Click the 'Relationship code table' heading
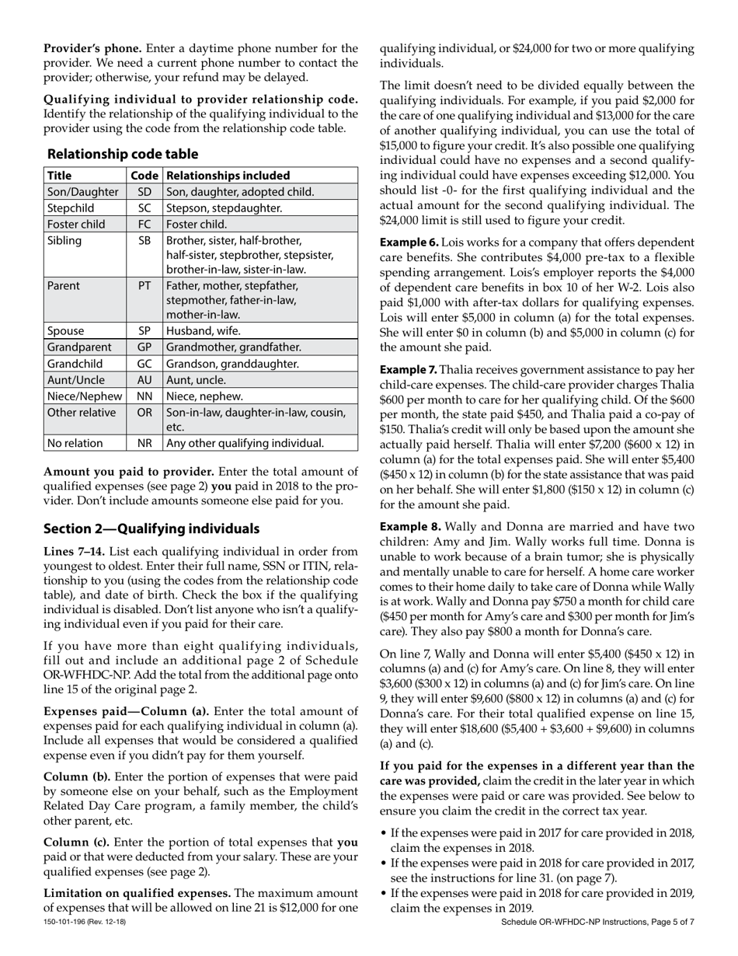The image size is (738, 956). click(x=123, y=154)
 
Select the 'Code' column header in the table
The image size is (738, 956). click(x=144, y=176)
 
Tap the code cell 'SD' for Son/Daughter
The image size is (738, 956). click(x=144, y=192)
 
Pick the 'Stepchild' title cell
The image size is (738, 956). click(x=71, y=208)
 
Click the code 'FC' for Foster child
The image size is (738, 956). click(x=144, y=225)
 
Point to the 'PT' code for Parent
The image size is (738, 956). click(x=144, y=285)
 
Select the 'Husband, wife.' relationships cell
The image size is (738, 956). click(x=204, y=331)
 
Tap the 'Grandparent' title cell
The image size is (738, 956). click(x=79, y=347)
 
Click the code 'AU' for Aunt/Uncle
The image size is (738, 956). click(x=144, y=380)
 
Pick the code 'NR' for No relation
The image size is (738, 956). click(x=144, y=443)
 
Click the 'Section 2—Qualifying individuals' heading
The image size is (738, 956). click(x=151, y=529)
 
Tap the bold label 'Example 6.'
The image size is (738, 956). click(x=409, y=243)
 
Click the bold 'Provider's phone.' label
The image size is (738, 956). click(x=92, y=48)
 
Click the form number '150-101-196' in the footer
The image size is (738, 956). click(x=66, y=922)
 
